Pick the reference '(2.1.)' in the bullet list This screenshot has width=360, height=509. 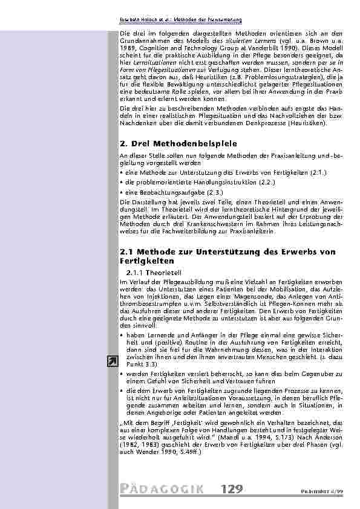317,173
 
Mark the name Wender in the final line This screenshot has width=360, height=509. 146,451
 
